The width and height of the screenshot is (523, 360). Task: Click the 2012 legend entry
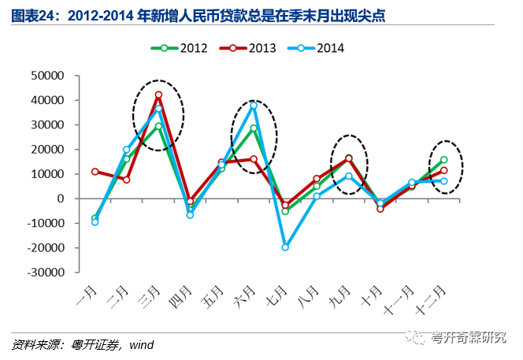click(179, 48)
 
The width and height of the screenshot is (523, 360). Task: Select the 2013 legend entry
click(248, 48)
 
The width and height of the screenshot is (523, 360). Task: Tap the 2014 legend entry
click(316, 48)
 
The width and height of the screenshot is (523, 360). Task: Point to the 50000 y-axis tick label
click(47, 76)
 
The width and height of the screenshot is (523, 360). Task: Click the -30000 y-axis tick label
click(46, 273)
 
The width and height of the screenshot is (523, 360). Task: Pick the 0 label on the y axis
click(61, 199)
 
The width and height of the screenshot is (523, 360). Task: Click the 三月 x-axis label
click(149, 297)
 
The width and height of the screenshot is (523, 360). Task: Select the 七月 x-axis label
click(276, 297)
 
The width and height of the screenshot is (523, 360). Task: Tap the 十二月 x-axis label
click(431, 300)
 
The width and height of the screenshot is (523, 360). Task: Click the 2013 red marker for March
click(158, 95)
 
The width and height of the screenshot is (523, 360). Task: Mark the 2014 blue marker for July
click(285, 247)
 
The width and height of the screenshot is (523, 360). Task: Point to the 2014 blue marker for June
click(254, 106)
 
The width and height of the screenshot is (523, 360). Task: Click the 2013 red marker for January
click(95, 172)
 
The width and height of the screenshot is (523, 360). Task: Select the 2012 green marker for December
click(444, 159)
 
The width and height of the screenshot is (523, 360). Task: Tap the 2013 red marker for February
click(127, 180)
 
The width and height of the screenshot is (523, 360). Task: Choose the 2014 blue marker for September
click(349, 176)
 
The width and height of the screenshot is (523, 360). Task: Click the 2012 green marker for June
click(254, 128)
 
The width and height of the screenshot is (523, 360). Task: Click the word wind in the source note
click(142, 345)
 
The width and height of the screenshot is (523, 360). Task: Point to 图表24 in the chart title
click(32, 16)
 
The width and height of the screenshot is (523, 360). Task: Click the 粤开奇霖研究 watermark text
click(468, 337)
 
